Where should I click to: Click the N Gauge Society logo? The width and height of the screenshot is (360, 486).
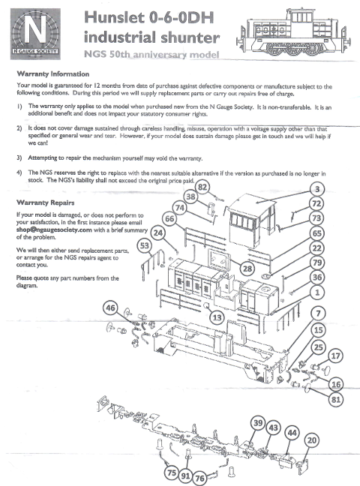(35, 34)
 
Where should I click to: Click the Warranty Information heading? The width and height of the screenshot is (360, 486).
(53, 73)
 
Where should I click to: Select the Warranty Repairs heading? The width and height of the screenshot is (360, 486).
(45, 202)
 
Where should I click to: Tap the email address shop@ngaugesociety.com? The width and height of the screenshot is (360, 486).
(54, 229)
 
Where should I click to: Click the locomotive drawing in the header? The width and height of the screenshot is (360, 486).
(293, 32)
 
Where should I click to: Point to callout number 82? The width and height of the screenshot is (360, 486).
(202, 187)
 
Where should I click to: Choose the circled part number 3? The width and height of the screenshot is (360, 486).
(317, 189)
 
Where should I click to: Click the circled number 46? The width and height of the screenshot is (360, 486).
(110, 307)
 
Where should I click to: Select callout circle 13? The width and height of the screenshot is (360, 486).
(217, 317)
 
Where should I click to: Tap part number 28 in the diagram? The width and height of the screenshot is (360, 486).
(247, 268)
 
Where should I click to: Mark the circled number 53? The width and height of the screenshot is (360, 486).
(145, 246)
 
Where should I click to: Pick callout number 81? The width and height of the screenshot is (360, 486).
(336, 399)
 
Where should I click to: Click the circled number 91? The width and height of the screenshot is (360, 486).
(185, 475)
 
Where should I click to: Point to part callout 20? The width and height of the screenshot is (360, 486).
(312, 440)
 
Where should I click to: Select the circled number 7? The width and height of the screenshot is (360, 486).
(318, 313)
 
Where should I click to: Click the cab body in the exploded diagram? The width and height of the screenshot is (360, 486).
(252, 220)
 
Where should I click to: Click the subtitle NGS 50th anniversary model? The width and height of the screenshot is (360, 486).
(151, 54)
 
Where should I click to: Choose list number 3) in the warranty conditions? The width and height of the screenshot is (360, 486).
(19, 157)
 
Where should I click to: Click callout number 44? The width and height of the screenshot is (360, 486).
(292, 433)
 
